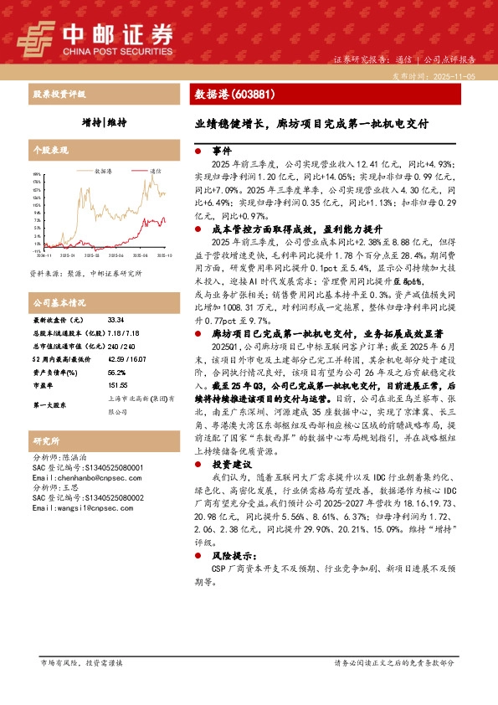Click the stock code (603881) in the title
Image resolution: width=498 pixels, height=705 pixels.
pyautogui.click(x=254, y=95)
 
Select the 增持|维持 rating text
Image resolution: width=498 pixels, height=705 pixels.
pyautogui.click(x=105, y=122)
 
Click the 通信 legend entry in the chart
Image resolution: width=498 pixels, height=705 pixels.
pyautogui.click(x=156, y=170)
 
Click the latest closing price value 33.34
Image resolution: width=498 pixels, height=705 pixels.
pyautogui.click(x=116, y=320)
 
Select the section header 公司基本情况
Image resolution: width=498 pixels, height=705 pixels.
pyautogui.click(x=59, y=302)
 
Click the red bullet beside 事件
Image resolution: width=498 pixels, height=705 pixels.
pyautogui.click(x=197, y=152)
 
